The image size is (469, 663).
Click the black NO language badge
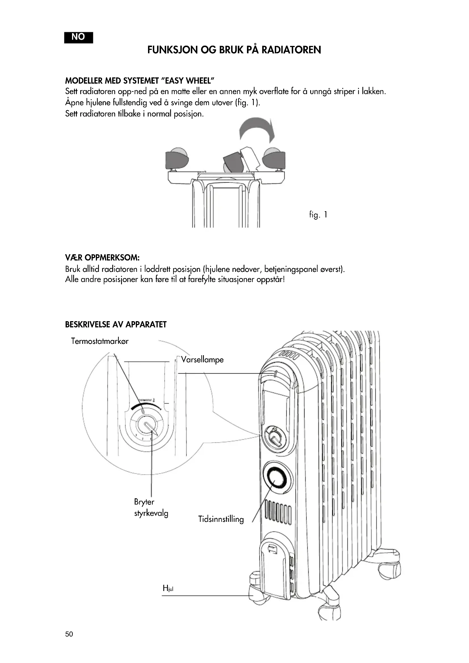pyautogui.click(x=78, y=37)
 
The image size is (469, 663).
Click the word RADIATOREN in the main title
pyautogui.click(x=291, y=50)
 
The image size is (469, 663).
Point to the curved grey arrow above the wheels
pyautogui.click(x=257, y=129)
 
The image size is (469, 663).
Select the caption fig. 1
pyautogui.click(x=318, y=215)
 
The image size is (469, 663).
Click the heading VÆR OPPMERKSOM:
pyautogui.click(x=102, y=257)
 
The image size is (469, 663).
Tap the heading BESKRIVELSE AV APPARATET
pyautogui.click(x=116, y=325)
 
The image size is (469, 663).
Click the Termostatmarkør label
pyautogui.click(x=100, y=341)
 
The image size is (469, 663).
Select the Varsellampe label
pyautogui.click(x=202, y=359)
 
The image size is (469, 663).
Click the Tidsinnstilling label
pyautogui.click(x=221, y=519)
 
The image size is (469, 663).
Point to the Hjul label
pyautogui.click(x=168, y=588)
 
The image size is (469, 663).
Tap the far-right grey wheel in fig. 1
pyautogui.click(x=274, y=158)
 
